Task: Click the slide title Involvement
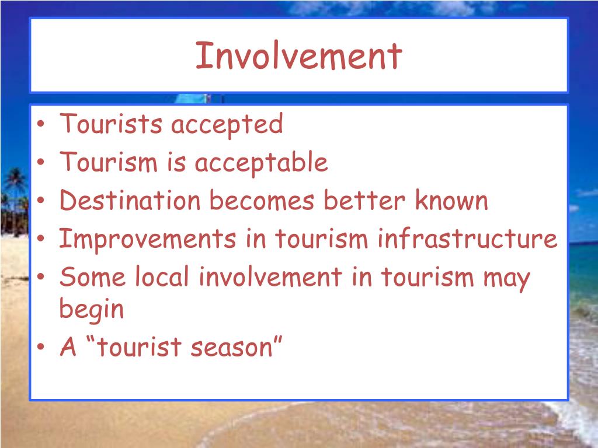(298, 56)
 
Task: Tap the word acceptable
(261, 163)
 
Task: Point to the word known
(451, 201)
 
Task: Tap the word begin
(92, 310)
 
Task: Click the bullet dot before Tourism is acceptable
(46, 164)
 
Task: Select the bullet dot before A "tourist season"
(46, 349)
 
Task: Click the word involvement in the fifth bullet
(270, 278)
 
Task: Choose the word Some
(92, 278)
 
